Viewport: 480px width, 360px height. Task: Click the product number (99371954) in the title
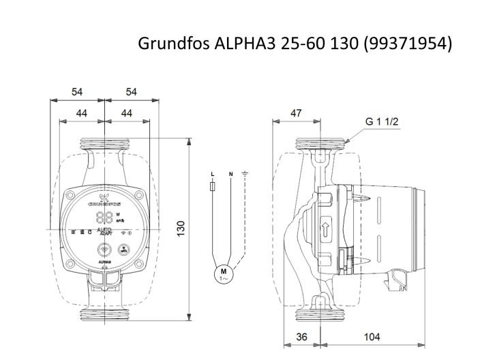pos(408,44)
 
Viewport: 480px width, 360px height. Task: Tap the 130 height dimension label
pos(181,228)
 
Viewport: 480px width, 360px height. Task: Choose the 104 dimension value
pos(372,337)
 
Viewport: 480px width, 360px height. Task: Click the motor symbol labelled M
pos(222,274)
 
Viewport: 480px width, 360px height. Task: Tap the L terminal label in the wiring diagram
pos(213,175)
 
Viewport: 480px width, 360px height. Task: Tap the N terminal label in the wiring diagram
pos(230,175)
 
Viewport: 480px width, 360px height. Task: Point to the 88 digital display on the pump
pos(104,217)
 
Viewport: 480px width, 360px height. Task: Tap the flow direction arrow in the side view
pos(325,230)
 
